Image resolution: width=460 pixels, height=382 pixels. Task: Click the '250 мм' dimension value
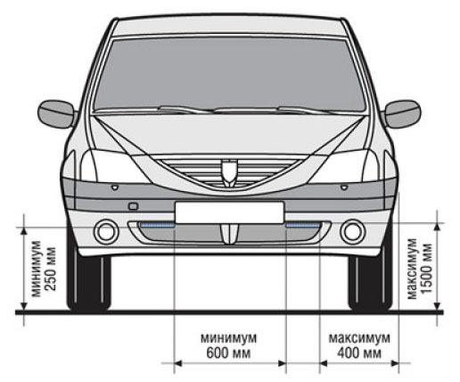point(51,269)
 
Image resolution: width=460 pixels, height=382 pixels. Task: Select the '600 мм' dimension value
point(228,353)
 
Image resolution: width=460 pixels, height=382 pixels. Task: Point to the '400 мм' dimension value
point(359,353)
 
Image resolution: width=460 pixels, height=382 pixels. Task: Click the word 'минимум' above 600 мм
point(228,338)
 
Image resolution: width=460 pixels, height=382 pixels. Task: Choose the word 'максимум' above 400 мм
point(359,338)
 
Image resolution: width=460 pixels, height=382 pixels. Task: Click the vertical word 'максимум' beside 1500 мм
point(412,269)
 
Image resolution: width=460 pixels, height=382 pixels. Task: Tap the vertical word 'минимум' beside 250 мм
point(37,269)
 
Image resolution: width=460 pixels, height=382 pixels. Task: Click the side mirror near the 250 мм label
point(56,114)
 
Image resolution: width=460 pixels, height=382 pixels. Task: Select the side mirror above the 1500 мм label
point(402,114)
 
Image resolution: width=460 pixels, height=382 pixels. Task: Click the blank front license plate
point(229,212)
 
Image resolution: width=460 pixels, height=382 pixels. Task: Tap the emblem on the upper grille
point(229,173)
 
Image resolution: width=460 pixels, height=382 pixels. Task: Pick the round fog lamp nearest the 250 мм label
point(106,232)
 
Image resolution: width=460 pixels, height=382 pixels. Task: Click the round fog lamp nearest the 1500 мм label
point(353,232)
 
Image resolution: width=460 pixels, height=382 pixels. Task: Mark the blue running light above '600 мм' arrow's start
point(157,225)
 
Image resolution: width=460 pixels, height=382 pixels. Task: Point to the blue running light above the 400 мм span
point(302,225)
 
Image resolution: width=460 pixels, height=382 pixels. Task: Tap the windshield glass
point(229,74)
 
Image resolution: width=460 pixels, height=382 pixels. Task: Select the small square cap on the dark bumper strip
point(133,206)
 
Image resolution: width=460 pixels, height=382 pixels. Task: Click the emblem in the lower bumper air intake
point(229,234)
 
